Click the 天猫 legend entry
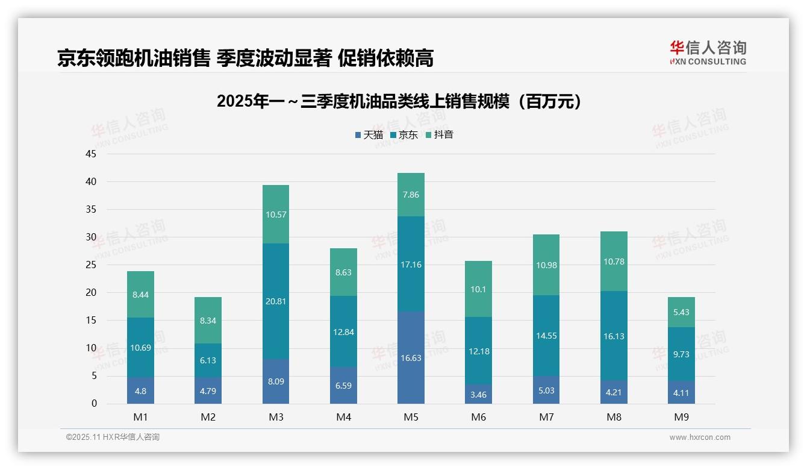pyautogui.click(x=369, y=134)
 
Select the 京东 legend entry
pyautogui.click(x=404, y=134)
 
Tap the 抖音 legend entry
pyautogui.click(x=439, y=134)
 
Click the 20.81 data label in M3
pyautogui.click(x=276, y=301)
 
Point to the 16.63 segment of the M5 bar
pyautogui.click(x=411, y=358)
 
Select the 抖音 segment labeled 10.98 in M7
pyautogui.click(x=546, y=265)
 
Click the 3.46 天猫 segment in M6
pyautogui.click(x=479, y=394)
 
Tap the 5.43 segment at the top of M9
pyautogui.click(x=681, y=312)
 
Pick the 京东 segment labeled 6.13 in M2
pyautogui.click(x=208, y=360)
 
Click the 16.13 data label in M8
pyautogui.click(x=614, y=336)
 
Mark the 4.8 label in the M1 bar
pyautogui.click(x=140, y=390)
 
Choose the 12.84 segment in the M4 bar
pyautogui.click(x=343, y=332)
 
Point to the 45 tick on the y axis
pyautogui.click(x=91, y=154)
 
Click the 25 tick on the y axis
pyautogui.click(x=91, y=265)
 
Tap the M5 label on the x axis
pyautogui.click(x=411, y=417)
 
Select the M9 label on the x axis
pyautogui.click(x=681, y=417)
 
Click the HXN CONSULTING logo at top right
pyautogui.click(x=708, y=53)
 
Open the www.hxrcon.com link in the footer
pyautogui.click(x=700, y=437)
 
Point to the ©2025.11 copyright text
pyautogui.click(x=113, y=437)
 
